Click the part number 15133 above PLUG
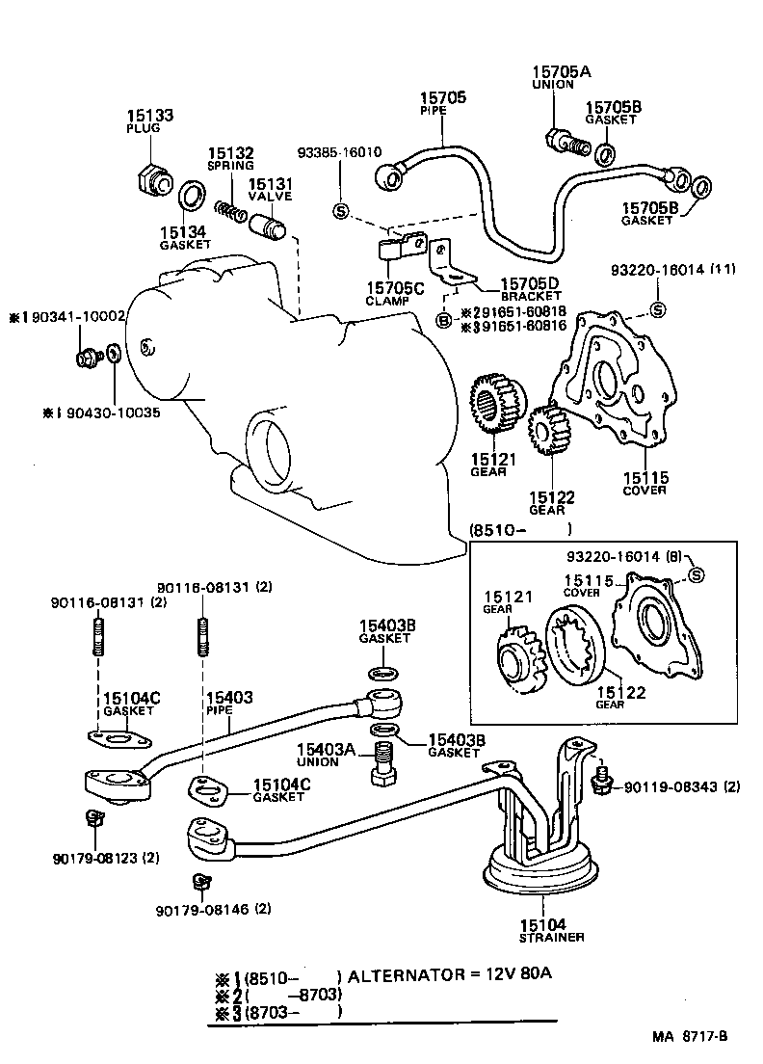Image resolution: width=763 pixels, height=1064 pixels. [149, 116]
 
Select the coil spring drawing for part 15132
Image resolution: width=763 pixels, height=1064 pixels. [231, 209]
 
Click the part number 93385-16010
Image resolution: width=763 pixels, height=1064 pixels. [339, 152]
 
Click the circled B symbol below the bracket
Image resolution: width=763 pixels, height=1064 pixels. [444, 320]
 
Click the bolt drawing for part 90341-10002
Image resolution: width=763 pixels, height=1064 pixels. [87, 357]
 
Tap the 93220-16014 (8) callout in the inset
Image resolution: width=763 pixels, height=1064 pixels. [625, 557]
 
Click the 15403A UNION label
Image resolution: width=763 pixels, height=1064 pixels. [326, 755]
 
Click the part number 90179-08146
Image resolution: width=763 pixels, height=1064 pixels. [199, 908]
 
